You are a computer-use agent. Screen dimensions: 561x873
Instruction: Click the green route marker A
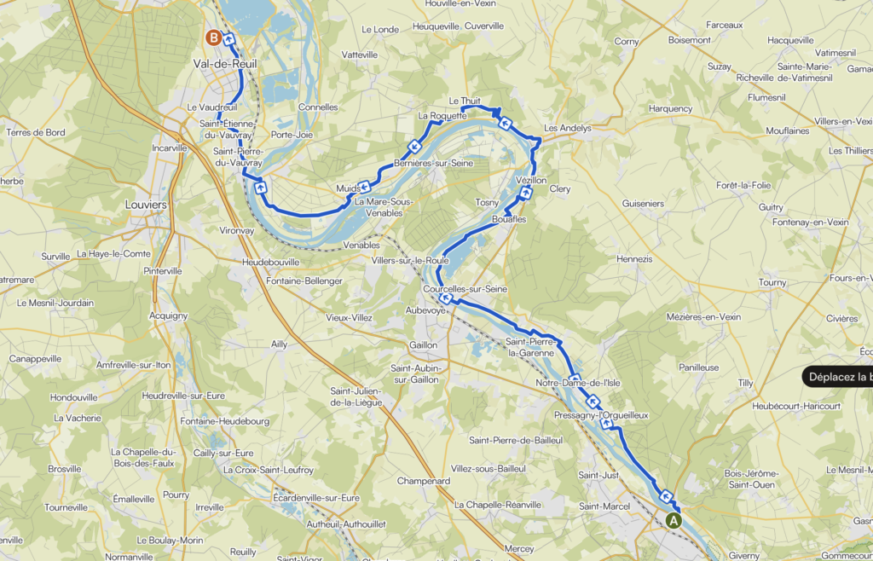tap(674, 518)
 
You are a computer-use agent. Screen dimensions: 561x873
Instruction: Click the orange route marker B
tap(213, 37)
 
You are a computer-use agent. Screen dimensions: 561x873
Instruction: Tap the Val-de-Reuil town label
tap(226, 64)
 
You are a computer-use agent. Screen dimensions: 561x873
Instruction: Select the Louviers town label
tap(146, 205)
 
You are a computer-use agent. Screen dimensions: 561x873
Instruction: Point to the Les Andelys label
tap(568, 128)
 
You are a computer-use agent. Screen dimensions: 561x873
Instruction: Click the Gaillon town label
tap(415, 345)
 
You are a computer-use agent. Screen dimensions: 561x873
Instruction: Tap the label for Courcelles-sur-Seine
tap(465, 289)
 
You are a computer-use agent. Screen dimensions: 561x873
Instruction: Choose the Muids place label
tap(347, 188)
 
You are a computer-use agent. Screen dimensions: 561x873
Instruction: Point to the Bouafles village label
tap(509, 219)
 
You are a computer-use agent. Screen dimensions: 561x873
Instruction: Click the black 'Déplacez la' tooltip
tap(837, 377)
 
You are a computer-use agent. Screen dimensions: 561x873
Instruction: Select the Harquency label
tap(671, 108)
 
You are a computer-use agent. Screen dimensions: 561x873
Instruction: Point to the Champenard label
tap(423, 481)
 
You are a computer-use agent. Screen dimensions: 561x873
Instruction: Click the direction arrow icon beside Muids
tap(365, 187)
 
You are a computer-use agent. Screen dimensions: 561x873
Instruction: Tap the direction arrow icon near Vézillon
tap(526, 193)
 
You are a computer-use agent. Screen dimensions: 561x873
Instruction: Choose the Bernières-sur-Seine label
tap(433, 162)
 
